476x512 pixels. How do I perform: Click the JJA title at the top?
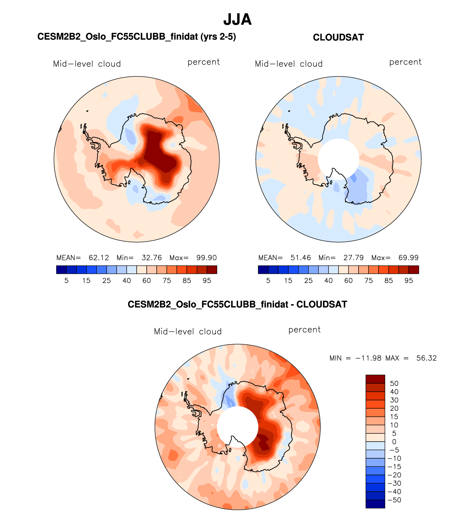tap(237, 20)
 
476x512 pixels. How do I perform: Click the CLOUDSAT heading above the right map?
tap(338, 37)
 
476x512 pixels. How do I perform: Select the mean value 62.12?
tap(99, 258)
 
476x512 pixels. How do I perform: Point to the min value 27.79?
tap(353, 258)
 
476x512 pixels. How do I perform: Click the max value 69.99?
tap(408, 258)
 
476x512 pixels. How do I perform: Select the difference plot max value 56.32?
tap(426, 358)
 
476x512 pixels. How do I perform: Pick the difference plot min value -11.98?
tap(368, 358)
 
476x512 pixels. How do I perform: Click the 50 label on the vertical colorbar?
tap(394, 383)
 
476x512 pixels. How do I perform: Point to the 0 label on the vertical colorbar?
tap(394, 442)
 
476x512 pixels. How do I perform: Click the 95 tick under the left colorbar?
tap(207, 281)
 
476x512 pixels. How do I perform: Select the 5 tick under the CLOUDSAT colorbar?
tap(268, 281)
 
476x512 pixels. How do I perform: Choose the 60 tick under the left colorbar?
tap(147, 281)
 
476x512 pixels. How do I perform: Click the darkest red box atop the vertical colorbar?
tap(375, 379)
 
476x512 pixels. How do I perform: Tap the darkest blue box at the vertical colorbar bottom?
tap(375, 504)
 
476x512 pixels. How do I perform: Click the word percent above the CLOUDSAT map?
tap(405, 62)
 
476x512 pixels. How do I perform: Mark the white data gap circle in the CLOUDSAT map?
tap(338, 159)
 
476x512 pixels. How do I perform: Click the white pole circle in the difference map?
tap(237, 426)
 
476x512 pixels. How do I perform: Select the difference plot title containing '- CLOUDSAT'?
tap(237, 305)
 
